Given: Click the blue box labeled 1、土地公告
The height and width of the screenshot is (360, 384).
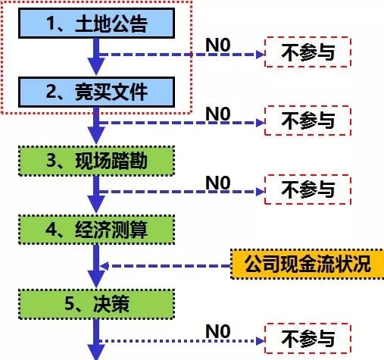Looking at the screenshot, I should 95,25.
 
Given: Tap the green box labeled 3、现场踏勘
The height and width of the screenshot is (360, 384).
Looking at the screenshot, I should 95,160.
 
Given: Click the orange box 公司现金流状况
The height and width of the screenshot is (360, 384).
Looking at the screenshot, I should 307,265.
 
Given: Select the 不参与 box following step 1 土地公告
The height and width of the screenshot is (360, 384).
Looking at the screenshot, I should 308,52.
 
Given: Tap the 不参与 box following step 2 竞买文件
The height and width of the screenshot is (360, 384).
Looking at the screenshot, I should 308,120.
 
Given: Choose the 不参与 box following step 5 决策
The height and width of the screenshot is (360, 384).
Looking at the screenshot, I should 308,337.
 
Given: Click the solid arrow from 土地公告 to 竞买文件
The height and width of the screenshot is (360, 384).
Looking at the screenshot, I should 95,57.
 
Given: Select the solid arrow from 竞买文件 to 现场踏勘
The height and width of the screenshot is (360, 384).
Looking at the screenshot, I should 95,125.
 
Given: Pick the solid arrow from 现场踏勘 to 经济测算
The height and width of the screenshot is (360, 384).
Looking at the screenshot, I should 95,194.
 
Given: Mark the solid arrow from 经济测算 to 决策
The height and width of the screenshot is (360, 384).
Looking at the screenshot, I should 95,265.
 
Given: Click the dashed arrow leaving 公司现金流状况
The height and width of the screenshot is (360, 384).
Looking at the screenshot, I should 167,265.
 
